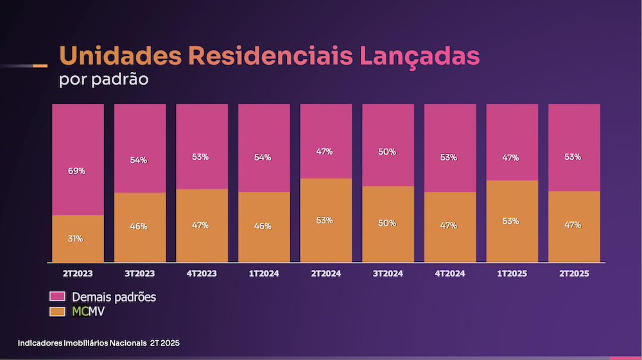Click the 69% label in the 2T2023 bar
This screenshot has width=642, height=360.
click(77, 171)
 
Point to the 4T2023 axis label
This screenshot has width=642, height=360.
click(202, 273)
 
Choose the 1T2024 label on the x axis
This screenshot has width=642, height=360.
click(263, 273)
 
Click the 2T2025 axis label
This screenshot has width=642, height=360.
click(573, 273)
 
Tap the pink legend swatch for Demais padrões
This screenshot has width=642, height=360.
click(58, 297)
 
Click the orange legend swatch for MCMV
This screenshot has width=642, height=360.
click(58, 311)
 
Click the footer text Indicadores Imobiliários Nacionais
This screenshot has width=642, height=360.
click(82, 343)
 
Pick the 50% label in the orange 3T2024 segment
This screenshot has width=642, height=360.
click(387, 223)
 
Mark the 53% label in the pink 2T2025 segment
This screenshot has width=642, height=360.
click(573, 157)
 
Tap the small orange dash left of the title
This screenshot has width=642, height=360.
click(40, 66)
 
